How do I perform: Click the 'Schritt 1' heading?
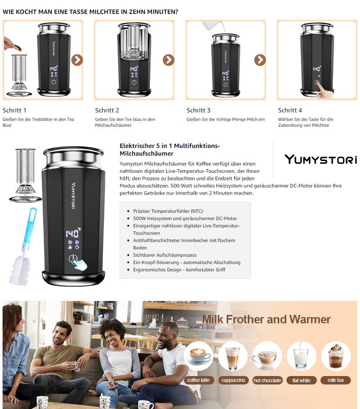coord(14,110)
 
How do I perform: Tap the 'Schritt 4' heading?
coord(290,110)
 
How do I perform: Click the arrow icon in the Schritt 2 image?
coord(169,60)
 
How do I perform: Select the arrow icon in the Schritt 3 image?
coord(260,60)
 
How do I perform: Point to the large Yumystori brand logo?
coord(320,159)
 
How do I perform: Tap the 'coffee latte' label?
coord(198,380)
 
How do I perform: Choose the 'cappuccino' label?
coord(233,380)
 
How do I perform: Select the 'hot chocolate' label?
coord(267,380)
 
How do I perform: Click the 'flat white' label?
coord(301,380)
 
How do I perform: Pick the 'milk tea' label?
coord(335,380)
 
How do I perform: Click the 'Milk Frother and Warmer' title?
coord(266,319)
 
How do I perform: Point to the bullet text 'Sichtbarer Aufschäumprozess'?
coord(165,255)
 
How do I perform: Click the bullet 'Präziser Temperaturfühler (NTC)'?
coord(168,211)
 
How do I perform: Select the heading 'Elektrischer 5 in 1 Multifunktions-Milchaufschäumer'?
coord(170,149)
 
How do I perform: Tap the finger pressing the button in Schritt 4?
coord(323,90)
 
